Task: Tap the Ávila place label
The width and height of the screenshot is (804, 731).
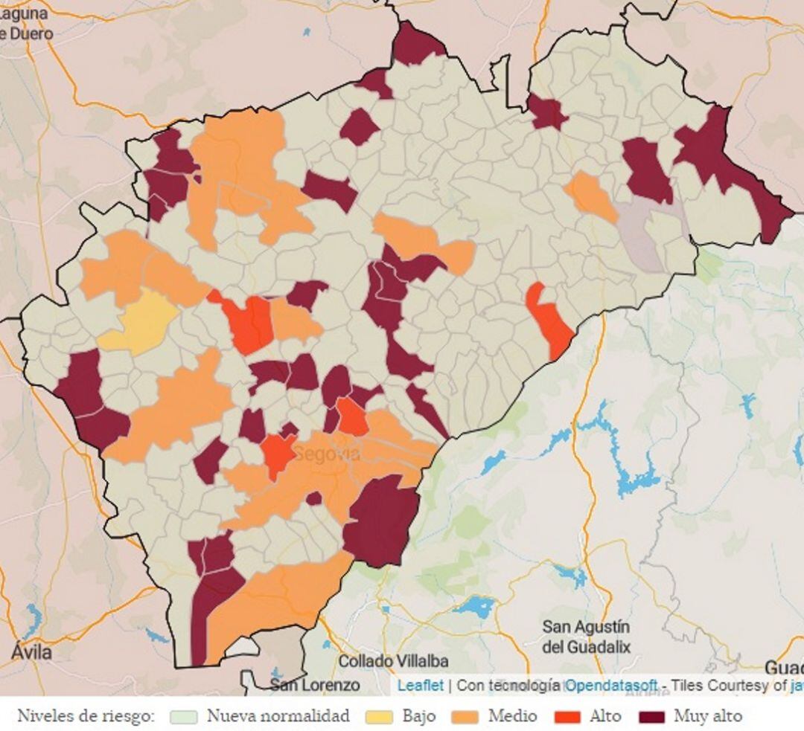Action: point(32,653)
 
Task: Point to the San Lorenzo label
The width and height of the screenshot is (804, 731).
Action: point(315,685)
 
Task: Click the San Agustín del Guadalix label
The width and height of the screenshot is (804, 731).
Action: point(586,637)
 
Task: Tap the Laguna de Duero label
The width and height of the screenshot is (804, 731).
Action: point(25,23)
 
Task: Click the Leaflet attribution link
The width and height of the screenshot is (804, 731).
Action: point(420,686)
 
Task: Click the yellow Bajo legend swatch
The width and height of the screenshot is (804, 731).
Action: point(380,717)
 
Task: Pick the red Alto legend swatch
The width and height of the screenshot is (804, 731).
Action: point(568,717)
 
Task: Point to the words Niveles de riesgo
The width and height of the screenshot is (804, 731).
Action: point(86,717)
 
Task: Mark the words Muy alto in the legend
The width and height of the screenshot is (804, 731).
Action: point(708,717)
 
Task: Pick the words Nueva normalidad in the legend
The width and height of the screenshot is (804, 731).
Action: point(278,717)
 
